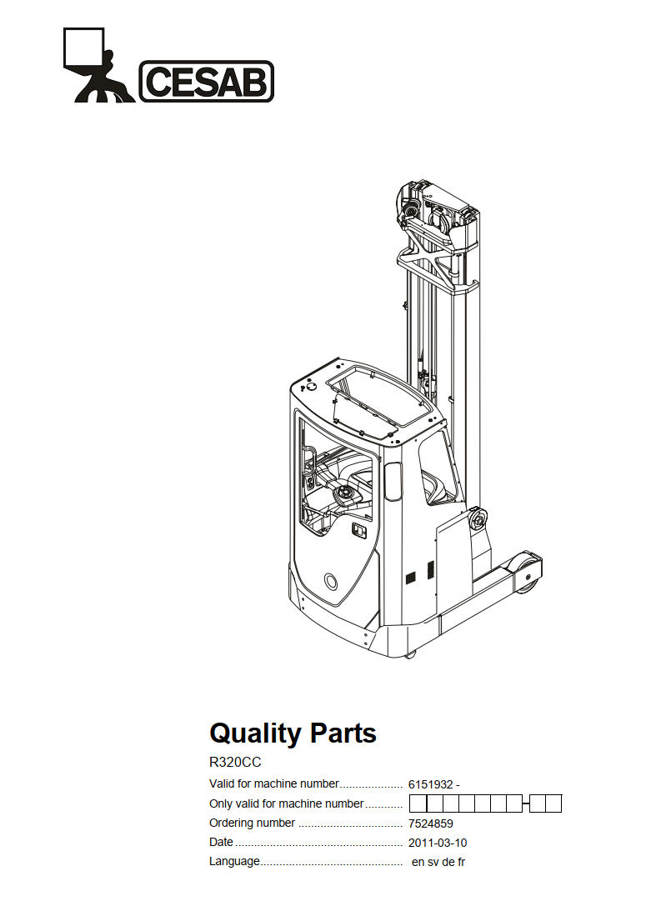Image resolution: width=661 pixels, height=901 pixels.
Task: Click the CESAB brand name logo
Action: tap(207, 81)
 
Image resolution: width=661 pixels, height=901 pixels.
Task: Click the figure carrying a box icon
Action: tap(95, 65)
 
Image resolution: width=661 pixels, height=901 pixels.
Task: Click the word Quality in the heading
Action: tap(255, 733)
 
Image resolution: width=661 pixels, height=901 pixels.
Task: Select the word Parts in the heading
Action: tap(343, 733)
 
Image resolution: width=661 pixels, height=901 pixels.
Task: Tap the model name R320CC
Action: tap(235, 763)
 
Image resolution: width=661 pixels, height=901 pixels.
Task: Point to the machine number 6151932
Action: tap(430, 784)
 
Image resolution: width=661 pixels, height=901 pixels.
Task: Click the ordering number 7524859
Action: tap(430, 823)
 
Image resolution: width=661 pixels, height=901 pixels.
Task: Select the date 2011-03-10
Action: tap(438, 843)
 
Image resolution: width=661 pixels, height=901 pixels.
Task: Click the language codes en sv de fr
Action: tap(438, 862)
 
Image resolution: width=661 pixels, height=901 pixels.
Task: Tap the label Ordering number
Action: tap(252, 823)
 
